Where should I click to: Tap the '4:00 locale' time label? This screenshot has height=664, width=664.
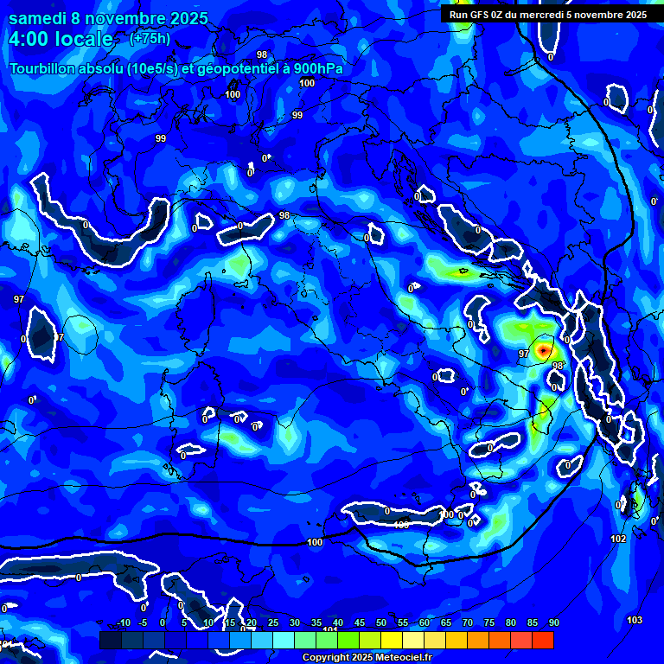click(61, 40)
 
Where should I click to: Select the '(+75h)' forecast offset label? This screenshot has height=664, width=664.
click(150, 39)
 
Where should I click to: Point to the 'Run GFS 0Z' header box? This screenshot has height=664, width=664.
click(548, 14)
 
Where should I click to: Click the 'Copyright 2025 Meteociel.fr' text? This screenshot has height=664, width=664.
click(367, 657)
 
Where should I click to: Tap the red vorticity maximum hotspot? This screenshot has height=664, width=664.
click(543, 350)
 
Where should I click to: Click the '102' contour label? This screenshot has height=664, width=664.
click(618, 539)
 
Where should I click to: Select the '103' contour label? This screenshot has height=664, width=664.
click(635, 620)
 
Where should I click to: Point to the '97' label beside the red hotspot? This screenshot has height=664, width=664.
click(524, 354)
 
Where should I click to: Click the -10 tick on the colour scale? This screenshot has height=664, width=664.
click(123, 623)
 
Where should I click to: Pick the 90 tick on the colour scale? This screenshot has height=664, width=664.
click(553, 623)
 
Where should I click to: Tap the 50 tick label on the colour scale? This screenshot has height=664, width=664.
click(381, 623)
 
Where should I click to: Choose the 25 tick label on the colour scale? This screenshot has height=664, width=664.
click(273, 623)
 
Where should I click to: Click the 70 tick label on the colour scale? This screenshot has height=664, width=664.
click(468, 623)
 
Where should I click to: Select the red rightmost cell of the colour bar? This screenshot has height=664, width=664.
click(543, 640)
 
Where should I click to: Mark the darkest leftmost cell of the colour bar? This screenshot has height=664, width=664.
click(110, 640)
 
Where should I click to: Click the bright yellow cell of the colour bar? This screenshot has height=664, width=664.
click(392, 640)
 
